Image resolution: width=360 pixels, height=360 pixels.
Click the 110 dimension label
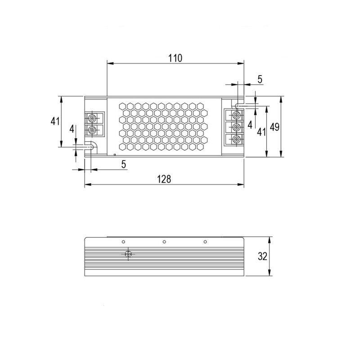click(x=175, y=58)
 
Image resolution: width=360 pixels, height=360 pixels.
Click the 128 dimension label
click(x=164, y=179)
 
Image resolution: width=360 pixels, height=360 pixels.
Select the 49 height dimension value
click(x=274, y=127)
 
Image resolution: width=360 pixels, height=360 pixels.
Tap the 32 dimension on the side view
click(x=263, y=256)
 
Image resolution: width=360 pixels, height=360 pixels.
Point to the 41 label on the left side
click(x=55, y=121)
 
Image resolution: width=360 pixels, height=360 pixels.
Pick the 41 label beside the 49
click(x=261, y=132)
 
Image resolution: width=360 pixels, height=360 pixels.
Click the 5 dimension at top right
click(x=260, y=79)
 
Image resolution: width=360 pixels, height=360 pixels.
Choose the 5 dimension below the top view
click(x=124, y=164)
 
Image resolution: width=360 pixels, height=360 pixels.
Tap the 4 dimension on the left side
click(x=72, y=129)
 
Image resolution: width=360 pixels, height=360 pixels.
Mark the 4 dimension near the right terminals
click(x=250, y=125)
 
